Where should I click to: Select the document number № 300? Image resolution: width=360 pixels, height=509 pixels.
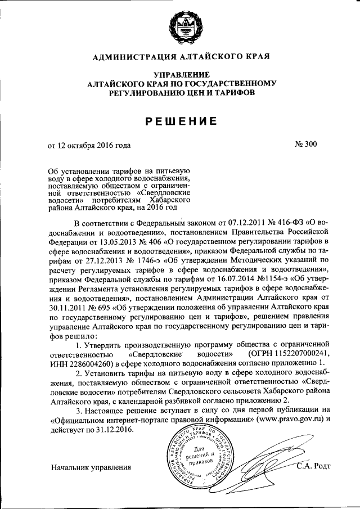tap(306, 145)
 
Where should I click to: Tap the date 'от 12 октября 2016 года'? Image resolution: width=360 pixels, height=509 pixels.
tap(89, 145)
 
